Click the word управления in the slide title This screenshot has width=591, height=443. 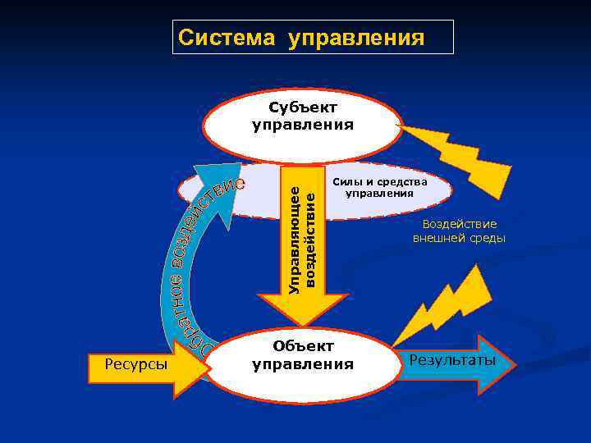(356, 38)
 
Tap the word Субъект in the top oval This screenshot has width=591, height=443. (303, 107)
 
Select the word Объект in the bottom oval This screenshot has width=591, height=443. (303, 346)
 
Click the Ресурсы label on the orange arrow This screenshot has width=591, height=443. (137, 365)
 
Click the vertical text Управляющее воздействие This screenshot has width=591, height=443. (301, 235)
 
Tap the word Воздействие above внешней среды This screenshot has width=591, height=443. (460, 224)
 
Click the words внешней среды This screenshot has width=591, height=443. (459, 239)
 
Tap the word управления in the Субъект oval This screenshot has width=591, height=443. (303, 126)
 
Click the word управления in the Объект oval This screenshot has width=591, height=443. (303, 363)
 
